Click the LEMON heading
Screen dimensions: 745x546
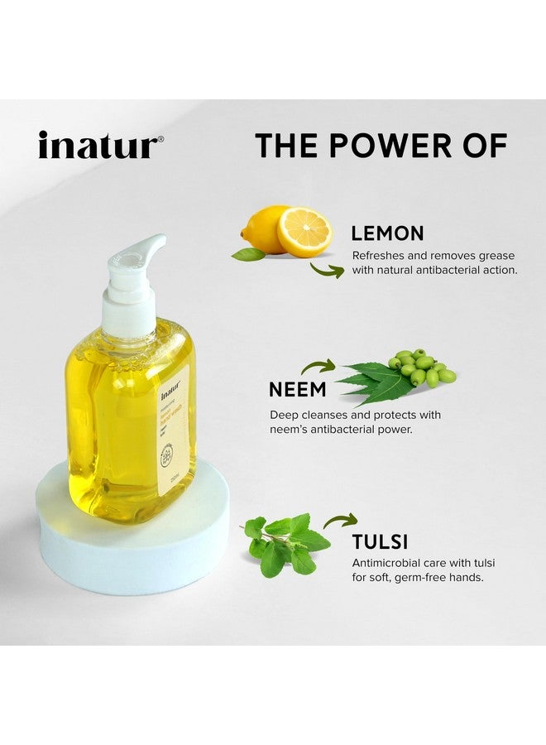(x=387, y=233)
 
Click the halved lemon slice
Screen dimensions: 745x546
(x=304, y=232)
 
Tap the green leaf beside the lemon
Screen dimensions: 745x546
(x=248, y=253)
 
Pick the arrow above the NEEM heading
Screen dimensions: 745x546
(x=318, y=365)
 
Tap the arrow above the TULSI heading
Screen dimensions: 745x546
(x=340, y=520)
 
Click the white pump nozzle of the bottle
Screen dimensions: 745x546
(x=146, y=253)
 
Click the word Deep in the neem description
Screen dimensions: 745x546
(x=285, y=415)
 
